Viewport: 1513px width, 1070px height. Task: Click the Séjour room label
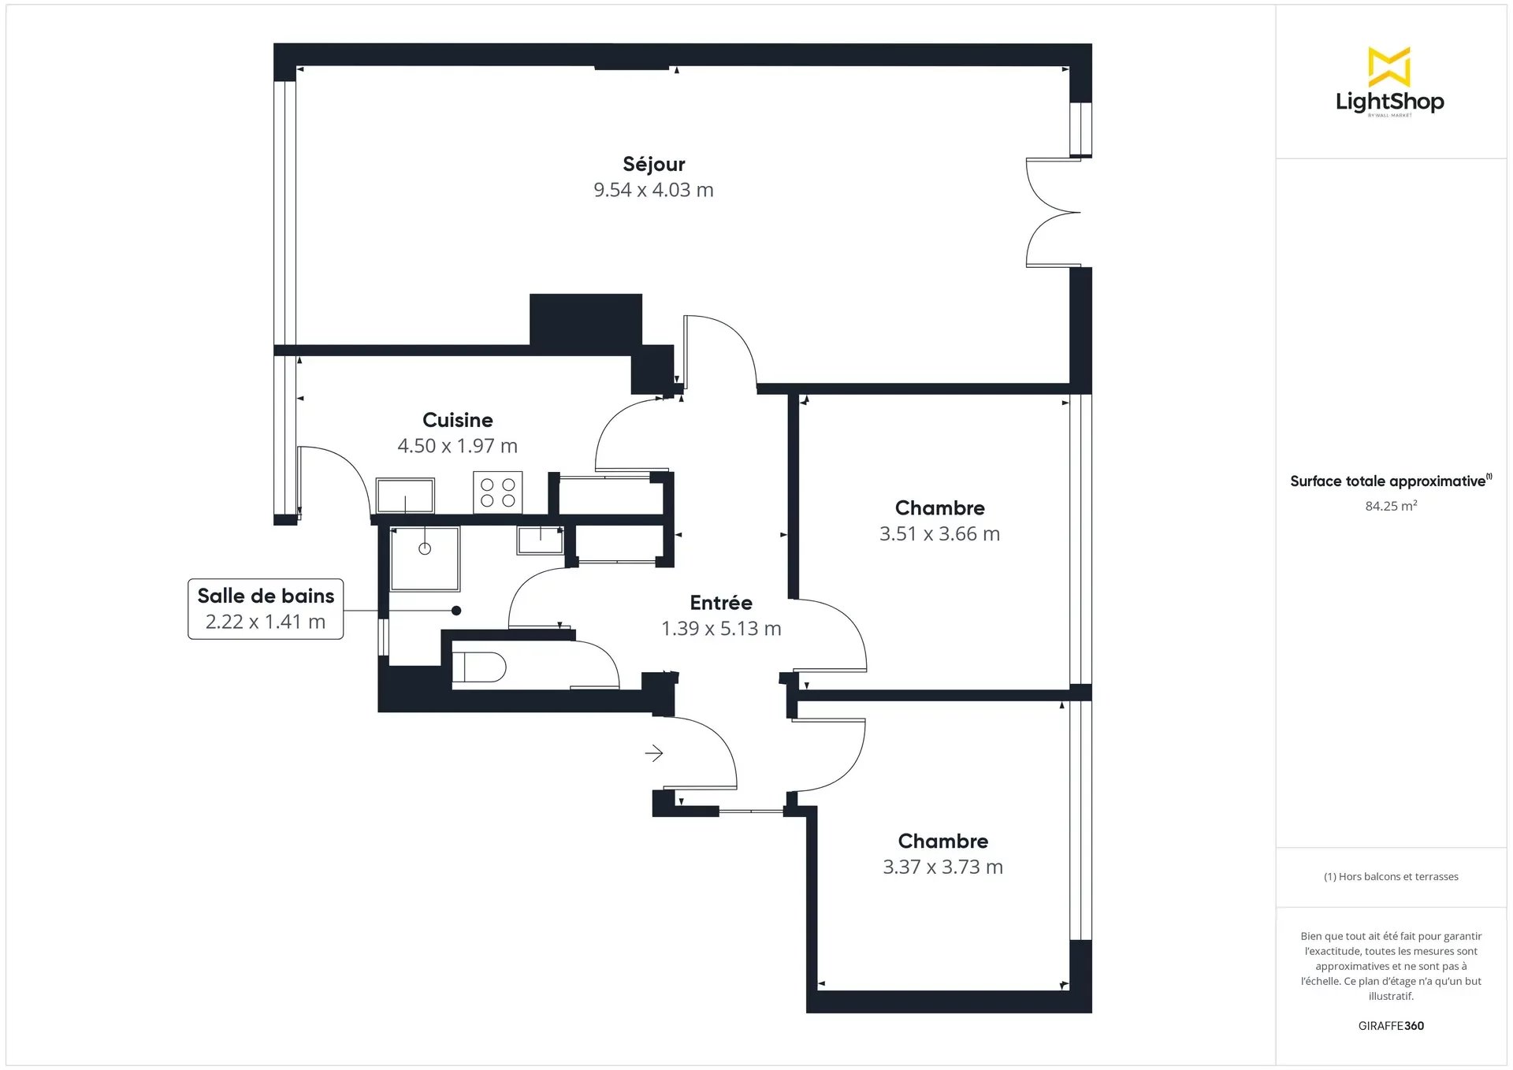[653, 164]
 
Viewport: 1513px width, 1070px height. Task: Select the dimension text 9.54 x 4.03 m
[653, 190]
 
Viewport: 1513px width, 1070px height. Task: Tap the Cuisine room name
[457, 420]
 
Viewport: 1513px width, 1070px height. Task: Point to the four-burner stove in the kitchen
[498, 492]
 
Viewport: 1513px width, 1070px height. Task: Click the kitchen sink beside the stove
[405, 496]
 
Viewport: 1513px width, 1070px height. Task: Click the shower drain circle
[425, 548]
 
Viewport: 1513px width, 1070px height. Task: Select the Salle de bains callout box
[266, 609]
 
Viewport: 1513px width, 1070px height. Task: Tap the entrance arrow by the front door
[654, 754]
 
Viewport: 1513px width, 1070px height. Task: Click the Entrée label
[721, 603]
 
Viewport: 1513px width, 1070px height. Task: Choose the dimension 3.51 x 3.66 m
[939, 534]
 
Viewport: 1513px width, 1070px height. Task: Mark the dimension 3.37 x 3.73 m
[942, 868]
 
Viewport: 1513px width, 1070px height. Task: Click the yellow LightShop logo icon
[1389, 67]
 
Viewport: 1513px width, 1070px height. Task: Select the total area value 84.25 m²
[1391, 506]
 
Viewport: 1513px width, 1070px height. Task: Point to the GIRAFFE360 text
[1391, 1026]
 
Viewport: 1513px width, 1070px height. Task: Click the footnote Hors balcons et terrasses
[1391, 876]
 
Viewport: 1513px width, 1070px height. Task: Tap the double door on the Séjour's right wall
[1053, 213]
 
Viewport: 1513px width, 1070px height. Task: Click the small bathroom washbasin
[541, 540]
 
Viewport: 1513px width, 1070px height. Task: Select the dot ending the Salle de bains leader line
[456, 611]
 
